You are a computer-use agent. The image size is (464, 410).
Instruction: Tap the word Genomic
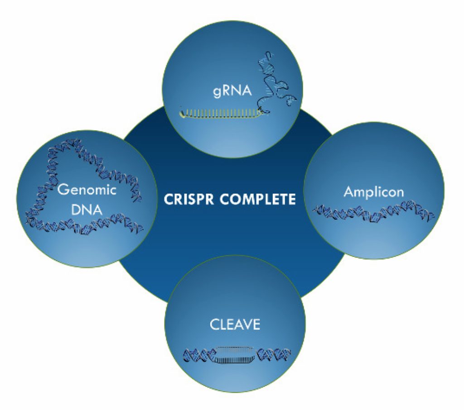click(87, 190)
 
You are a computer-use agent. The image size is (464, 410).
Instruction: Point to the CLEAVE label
click(235, 324)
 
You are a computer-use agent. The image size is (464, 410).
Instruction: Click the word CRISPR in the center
click(191, 199)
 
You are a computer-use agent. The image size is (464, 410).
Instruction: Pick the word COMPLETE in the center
click(259, 199)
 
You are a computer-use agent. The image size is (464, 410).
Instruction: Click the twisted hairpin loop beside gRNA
click(276, 81)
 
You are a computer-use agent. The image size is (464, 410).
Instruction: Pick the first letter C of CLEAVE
click(213, 324)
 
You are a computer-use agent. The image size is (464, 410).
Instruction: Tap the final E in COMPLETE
click(292, 199)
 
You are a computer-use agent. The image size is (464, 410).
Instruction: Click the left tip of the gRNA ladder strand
click(181, 110)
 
